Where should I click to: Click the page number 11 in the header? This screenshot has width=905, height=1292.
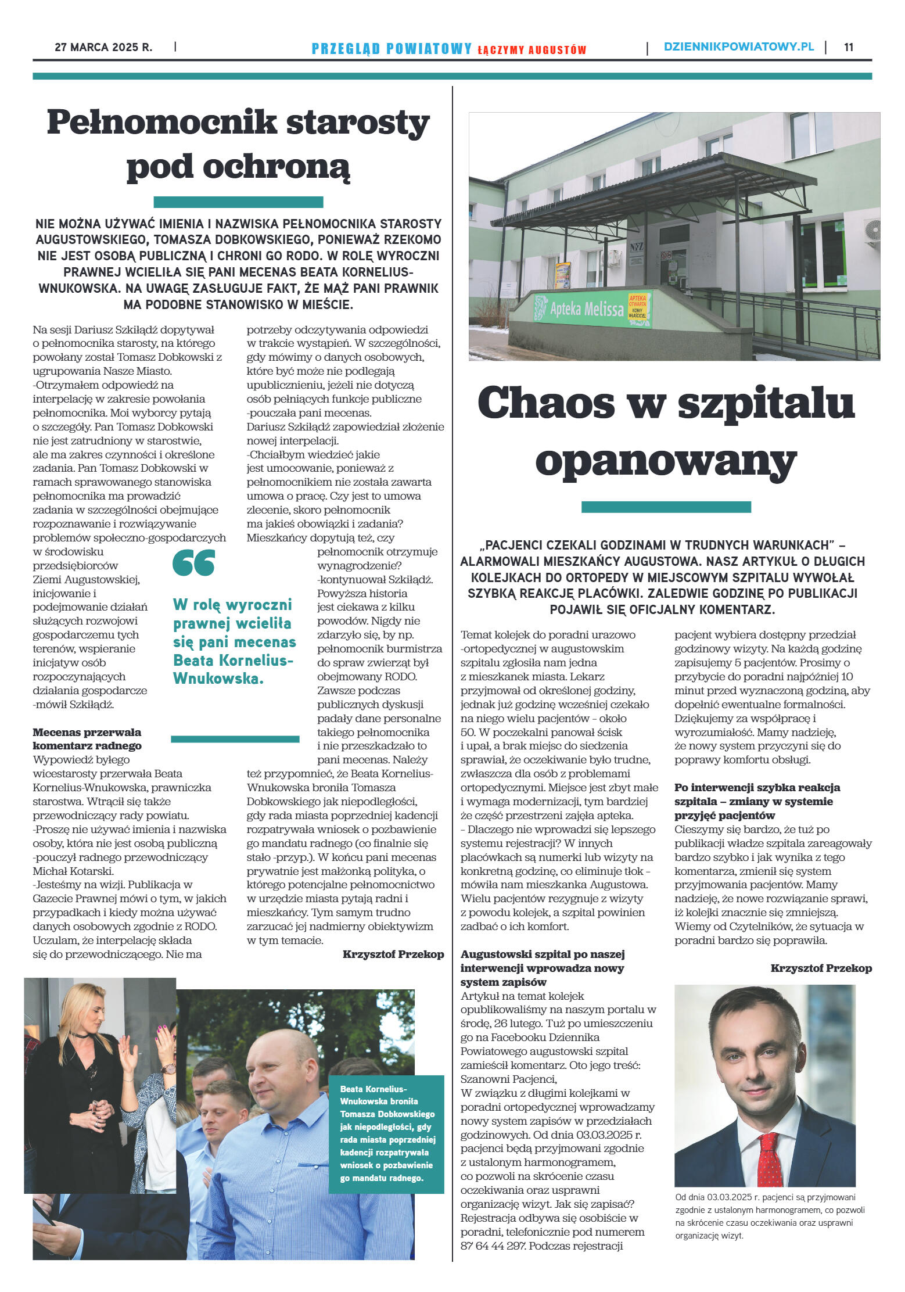(848, 47)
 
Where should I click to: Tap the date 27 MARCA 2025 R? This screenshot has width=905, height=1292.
(103, 47)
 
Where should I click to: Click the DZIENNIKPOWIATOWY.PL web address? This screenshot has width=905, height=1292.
(738, 47)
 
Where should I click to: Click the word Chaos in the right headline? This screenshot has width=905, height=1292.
(546, 403)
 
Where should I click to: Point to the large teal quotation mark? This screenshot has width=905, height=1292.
(193, 563)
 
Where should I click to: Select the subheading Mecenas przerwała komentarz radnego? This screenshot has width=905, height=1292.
(87, 738)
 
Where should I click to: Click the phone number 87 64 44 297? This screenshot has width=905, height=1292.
(493, 1246)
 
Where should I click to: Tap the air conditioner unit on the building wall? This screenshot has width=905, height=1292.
(871, 231)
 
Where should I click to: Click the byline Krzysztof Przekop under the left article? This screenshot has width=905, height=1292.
(393, 954)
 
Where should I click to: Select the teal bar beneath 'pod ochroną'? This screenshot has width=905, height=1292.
(238, 202)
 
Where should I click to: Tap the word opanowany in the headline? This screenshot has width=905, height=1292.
(666, 462)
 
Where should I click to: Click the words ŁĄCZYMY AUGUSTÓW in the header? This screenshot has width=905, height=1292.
(531, 50)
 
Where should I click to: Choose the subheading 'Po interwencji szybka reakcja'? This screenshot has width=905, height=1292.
(757, 788)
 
